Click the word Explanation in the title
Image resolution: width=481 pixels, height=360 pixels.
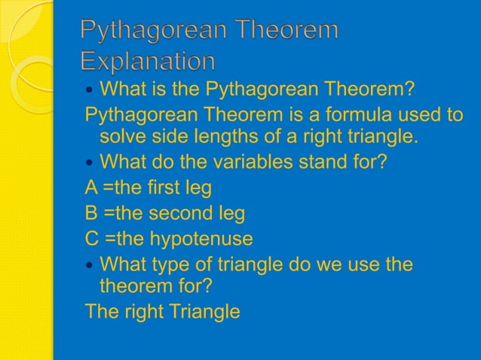point(148,60)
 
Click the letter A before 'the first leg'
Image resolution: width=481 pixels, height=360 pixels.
point(92,187)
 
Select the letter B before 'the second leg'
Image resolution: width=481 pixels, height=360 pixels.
point(92,213)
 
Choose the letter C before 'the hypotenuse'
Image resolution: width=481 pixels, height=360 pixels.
point(93,239)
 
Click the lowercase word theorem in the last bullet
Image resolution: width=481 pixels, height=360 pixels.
point(134,287)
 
